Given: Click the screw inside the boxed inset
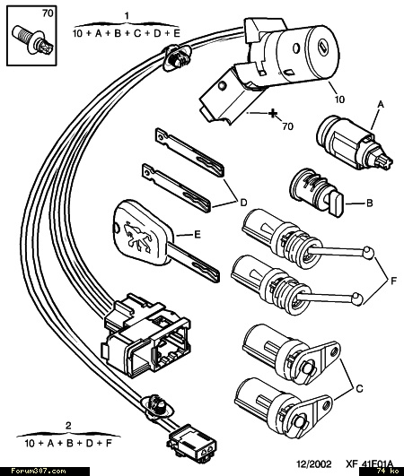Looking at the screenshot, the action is point(33,40).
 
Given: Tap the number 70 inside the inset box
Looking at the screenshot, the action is point(48,13).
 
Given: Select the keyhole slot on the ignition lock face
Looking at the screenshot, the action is point(322,47).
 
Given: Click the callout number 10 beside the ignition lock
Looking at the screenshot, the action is point(339,100).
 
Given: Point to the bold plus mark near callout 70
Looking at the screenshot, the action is point(273,114).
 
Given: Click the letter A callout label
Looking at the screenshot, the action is point(381,105).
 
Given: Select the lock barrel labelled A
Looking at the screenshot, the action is point(354,143).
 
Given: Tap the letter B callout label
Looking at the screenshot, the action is point(370,203).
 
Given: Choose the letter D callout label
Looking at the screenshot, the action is point(243,203).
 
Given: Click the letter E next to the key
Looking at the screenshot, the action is point(198,235).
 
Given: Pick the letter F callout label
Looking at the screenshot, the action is point(393,281).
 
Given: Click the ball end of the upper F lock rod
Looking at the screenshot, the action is point(368,252).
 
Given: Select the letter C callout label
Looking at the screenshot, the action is point(359,388).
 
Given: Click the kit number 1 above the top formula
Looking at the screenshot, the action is point(127,15).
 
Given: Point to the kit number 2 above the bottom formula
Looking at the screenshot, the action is point(68,425).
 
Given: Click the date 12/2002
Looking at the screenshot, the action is point(313,463).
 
